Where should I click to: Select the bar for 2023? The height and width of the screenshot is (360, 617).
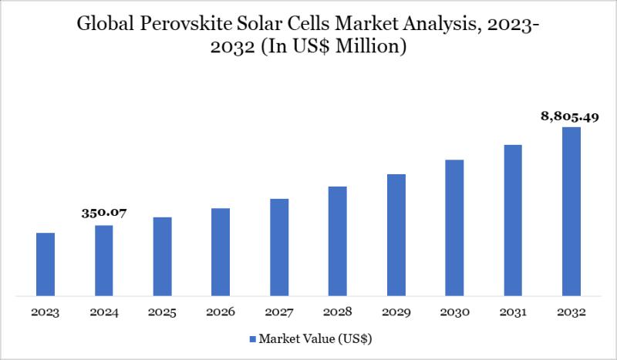click(46, 264)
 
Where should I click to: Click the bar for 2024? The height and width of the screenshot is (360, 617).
click(104, 260)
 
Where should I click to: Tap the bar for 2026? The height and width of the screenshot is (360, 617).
click(221, 251)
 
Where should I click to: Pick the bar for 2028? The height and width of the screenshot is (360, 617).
click(337, 241)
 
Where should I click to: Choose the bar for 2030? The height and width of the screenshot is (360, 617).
click(454, 227)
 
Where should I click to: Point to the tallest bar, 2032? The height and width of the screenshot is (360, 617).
click(571, 210)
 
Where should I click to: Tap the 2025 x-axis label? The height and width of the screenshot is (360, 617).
click(162, 312)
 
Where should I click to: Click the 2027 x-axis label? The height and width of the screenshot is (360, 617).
click(279, 312)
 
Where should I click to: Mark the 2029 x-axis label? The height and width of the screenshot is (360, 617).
click(396, 312)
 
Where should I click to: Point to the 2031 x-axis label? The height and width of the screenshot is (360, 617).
click(513, 312)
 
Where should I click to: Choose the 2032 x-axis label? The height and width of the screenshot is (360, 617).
click(571, 312)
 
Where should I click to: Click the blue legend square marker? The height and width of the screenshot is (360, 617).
click(252, 338)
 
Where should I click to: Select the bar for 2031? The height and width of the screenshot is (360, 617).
click(513, 220)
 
